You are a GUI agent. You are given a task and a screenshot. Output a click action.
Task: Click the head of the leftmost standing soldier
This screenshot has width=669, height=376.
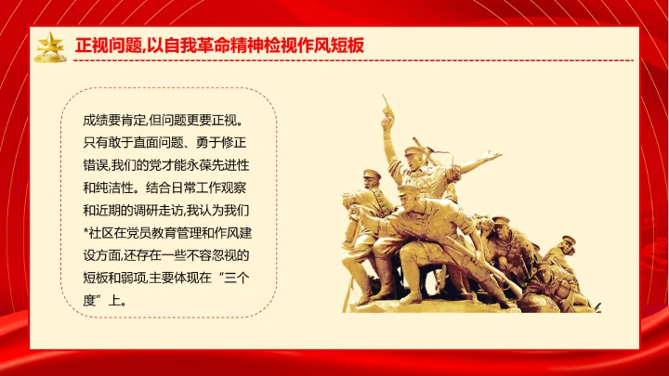click(x=371, y=176)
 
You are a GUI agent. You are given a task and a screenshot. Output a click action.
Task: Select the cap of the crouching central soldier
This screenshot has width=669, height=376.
click(x=409, y=190)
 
